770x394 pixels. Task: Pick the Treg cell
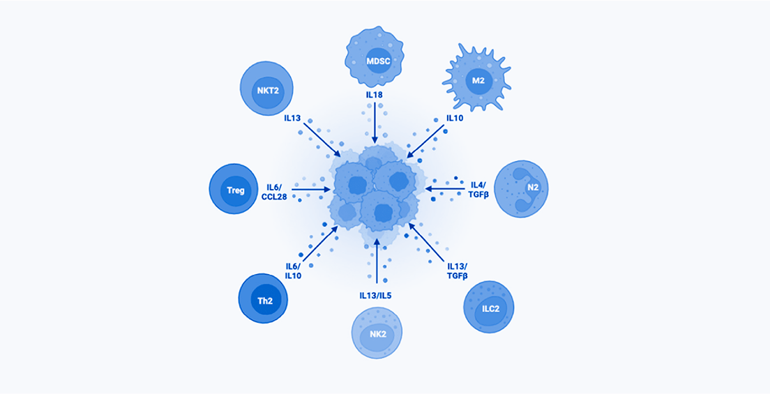[x=236, y=190]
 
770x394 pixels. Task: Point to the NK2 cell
[x=377, y=333]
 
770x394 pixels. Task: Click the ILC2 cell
[x=488, y=307]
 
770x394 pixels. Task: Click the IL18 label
[x=375, y=94]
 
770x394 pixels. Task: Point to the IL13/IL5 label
[x=376, y=295]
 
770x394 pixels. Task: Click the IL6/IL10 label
[x=294, y=271]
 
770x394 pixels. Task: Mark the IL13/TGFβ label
[x=457, y=270]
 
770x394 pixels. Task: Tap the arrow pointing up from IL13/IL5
[x=376, y=262]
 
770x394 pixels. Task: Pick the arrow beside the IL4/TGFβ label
[x=444, y=189]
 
